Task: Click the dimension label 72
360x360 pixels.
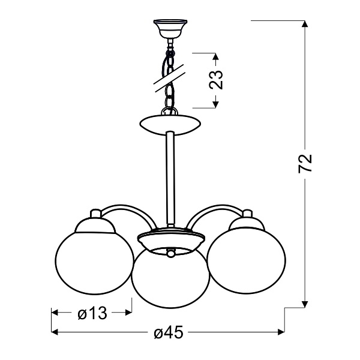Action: click(x=306, y=163)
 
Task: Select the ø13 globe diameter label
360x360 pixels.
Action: click(x=91, y=313)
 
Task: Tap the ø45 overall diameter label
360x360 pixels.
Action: click(x=168, y=332)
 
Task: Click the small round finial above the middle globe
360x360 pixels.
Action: click(x=171, y=254)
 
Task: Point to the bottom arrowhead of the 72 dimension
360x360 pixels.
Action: click(x=306, y=303)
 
